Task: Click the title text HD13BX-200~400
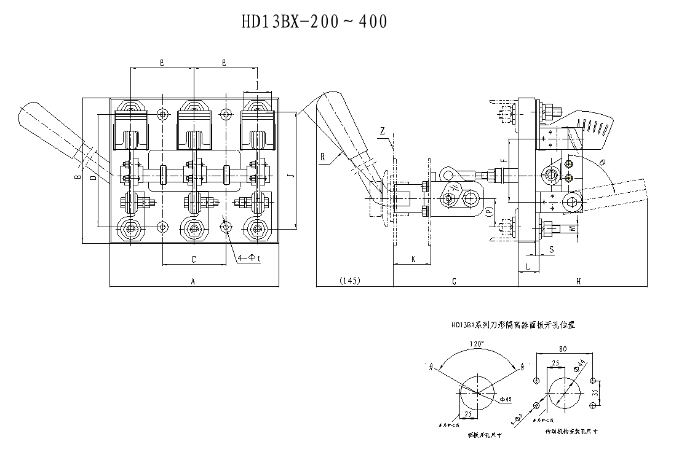click(314, 22)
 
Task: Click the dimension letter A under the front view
click(193, 281)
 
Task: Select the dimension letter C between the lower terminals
click(193, 260)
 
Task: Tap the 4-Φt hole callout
click(250, 259)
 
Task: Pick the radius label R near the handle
click(322, 157)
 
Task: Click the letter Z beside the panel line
click(383, 131)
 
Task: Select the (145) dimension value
click(349, 281)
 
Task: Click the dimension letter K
click(413, 260)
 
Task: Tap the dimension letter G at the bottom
click(454, 281)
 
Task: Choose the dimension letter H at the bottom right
click(579, 281)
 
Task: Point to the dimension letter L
click(528, 266)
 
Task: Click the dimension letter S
click(551, 249)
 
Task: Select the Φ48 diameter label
click(506, 400)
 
